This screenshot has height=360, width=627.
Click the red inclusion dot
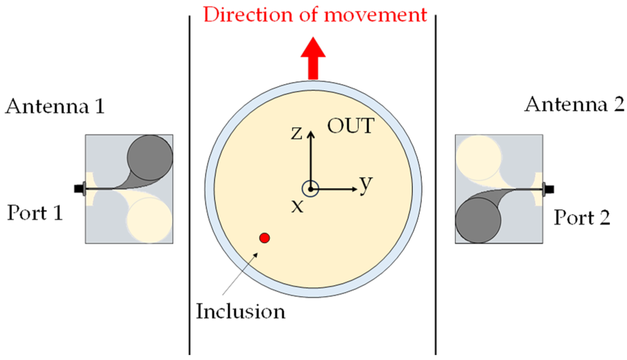(x=264, y=238)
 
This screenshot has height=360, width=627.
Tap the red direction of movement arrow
(x=313, y=58)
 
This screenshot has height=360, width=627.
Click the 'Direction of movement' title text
(x=315, y=15)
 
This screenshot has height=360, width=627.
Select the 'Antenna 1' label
(x=55, y=106)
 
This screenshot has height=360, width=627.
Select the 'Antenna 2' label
(x=575, y=104)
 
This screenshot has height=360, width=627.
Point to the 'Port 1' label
(x=35, y=213)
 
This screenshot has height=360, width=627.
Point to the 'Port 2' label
(x=582, y=217)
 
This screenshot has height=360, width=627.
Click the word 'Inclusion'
(x=240, y=311)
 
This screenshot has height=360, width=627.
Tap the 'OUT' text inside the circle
(x=351, y=126)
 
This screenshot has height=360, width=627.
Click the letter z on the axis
(x=297, y=133)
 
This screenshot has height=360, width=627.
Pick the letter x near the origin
(x=297, y=206)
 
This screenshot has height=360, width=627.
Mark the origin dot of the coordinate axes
(x=310, y=189)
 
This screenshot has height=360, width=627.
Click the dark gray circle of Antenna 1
(x=150, y=157)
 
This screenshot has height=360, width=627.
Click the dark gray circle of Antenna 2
(x=478, y=220)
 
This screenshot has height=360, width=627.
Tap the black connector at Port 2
(x=549, y=189)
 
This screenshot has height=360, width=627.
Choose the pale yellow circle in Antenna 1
(x=149, y=220)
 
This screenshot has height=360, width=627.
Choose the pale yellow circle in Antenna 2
(x=479, y=158)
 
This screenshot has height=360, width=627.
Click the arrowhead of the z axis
(x=311, y=134)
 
